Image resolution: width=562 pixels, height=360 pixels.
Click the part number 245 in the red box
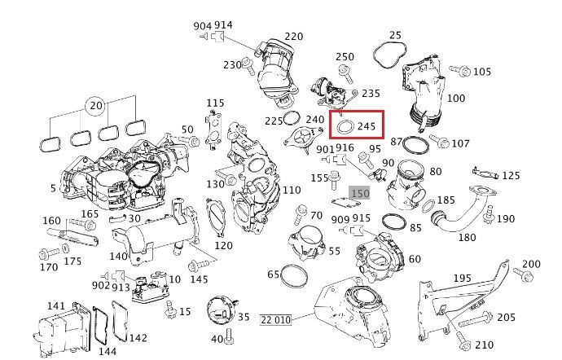tap(366, 126)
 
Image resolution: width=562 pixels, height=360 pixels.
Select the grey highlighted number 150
tap(359, 193)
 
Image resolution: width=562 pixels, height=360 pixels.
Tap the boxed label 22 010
tap(276, 319)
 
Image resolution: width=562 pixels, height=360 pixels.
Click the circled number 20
tap(95, 106)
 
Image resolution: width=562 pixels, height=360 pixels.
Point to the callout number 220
tap(293, 36)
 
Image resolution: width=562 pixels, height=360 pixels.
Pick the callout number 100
tap(456, 99)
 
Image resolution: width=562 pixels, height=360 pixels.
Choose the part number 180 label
tap(467, 237)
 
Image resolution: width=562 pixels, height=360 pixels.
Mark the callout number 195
tap(485, 279)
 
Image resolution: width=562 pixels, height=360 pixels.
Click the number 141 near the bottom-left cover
tap(55, 305)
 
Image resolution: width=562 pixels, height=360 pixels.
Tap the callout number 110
tap(291, 191)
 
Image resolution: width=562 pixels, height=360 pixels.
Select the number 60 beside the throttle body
tap(415, 259)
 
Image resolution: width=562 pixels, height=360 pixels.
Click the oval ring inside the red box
tap(344, 127)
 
